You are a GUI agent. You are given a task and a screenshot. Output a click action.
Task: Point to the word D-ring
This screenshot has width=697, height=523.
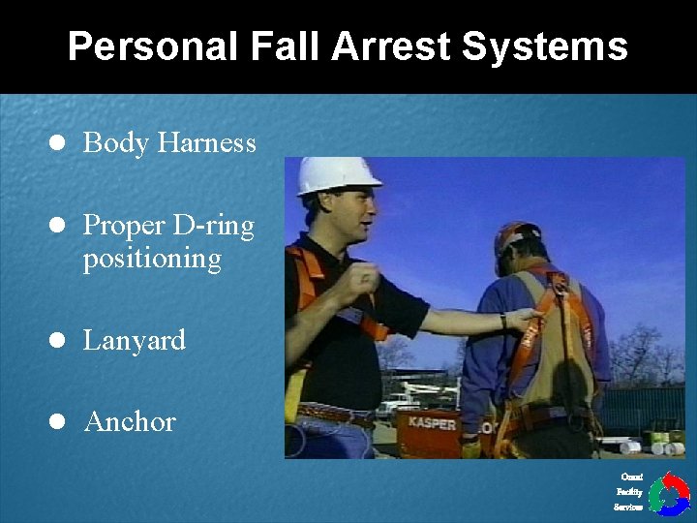click(x=213, y=227)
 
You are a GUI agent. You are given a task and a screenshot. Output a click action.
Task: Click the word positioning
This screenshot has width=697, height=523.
click(x=152, y=260)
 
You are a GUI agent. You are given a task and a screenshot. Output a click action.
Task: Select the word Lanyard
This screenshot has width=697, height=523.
click(x=134, y=341)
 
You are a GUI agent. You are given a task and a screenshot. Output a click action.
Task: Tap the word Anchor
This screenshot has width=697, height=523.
click(x=129, y=422)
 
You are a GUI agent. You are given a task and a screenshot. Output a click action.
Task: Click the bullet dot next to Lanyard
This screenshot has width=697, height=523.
click(x=57, y=341)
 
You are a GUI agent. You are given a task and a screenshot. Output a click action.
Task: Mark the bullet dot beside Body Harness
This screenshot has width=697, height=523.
click(x=57, y=143)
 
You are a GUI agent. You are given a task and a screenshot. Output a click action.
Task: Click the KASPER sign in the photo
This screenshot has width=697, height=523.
click(x=432, y=424)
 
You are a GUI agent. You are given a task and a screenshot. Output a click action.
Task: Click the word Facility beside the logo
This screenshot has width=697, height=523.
click(x=629, y=492)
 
